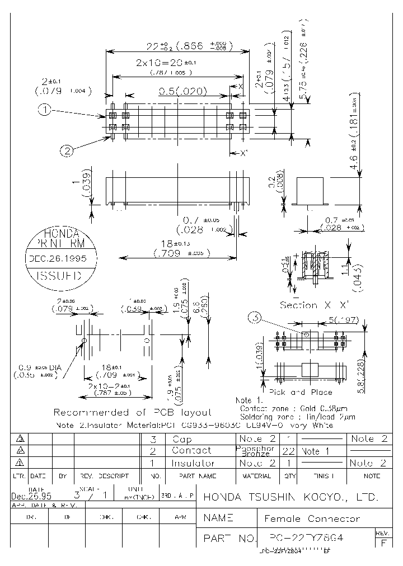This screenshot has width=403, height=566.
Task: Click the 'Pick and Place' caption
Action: coord(301,392)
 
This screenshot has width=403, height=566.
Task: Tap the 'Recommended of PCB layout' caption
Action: coord(132,412)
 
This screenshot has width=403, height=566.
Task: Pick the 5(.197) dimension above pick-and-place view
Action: coord(344,320)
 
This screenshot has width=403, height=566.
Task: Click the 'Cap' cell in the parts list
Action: coord(182,439)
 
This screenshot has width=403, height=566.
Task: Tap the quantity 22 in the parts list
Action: coord(288,451)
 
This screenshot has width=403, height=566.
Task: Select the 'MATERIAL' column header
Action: coord(257,476)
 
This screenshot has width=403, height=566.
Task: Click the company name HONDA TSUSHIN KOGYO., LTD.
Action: coord(290,497)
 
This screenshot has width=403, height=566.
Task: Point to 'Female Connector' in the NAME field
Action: coord(312,518)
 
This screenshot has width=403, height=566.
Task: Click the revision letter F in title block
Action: coord(383,543)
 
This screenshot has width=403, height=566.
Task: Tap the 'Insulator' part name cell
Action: coord(193,463)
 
